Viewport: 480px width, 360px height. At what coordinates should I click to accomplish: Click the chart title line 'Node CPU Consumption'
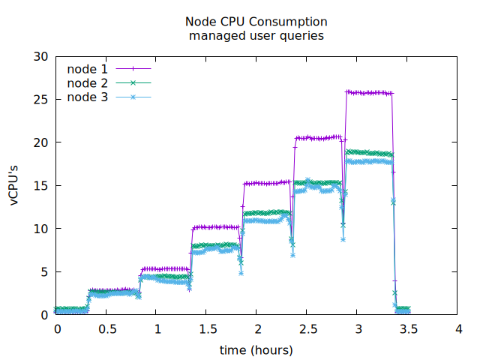pyautogui.click(x=256, y=21)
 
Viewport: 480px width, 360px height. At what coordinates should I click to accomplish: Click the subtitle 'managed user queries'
pyautogui.click(x=256, y=35)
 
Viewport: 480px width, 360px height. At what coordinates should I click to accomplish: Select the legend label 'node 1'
pyautogui.click(x=87, y=69)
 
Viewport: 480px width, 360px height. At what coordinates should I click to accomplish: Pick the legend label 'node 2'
pyautogui.click(x=87, y=83)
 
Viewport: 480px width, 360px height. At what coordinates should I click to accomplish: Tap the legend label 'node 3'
pyautogui.click(x=87, y=97)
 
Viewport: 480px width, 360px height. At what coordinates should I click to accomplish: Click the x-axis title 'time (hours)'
pyautogui.click(x=256, y=350)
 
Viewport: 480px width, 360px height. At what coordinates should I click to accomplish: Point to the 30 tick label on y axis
pyautogui.click(x=41, y=57)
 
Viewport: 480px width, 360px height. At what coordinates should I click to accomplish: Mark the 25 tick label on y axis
pyautogui.click(x=41, y=100)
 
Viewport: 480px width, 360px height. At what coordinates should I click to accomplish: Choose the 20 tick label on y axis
pyautogui.click(x=41, y=142)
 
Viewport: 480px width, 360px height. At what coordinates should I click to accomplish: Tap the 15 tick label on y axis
pyautogui.click(x=41, y=186)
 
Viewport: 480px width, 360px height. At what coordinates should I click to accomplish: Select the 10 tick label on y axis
pyautogui.click(x=41, y=229)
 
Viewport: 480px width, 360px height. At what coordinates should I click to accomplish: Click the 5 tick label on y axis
pyautogui.click(x=44, y=271)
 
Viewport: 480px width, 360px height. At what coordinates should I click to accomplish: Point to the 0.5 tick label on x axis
pyautogui.click(x=107, y=329)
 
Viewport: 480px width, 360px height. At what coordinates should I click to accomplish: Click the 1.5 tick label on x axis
pyautogui.click(x=208, y=329)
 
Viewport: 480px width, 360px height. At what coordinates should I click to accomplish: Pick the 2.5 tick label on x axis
pyautogui.click(x=308, y=329)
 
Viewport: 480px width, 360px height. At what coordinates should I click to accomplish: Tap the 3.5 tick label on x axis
pyautogui.click(x=409, y=329)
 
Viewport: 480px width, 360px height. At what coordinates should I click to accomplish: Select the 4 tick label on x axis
pyautogui.click(x=459, y=329)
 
